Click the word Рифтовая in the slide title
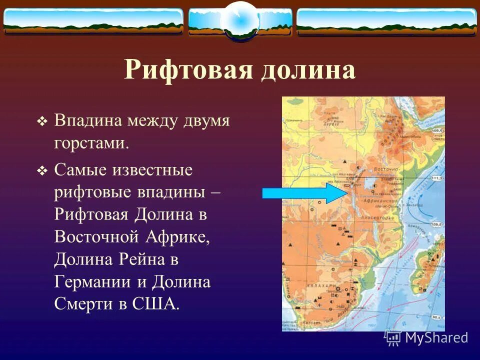point(189,70)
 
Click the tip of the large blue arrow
point(345,193)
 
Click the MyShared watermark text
point(436,337)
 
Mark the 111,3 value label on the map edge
point(437,177)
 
